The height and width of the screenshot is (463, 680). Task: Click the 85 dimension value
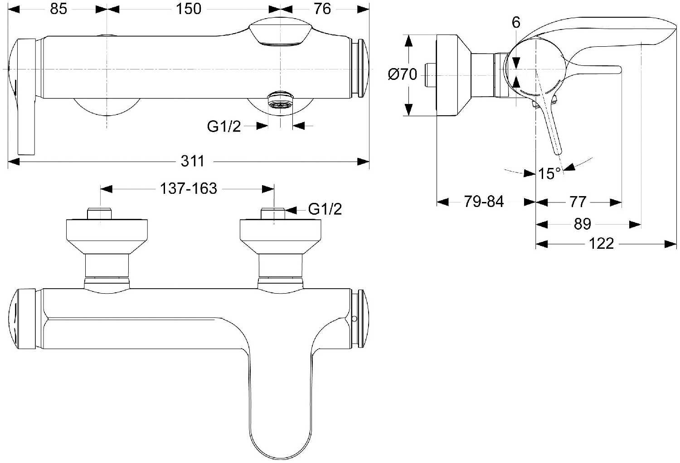tap(58, 9)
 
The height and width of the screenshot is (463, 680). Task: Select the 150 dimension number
tap(188, 9)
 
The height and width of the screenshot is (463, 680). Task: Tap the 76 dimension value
tap(322, 9)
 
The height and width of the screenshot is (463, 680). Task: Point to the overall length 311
tap(193, 161)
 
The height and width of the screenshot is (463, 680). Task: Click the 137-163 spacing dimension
tap(189, 188)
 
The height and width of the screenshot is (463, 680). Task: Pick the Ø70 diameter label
tap(403, 74)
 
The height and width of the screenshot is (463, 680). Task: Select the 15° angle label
tap(549, 173)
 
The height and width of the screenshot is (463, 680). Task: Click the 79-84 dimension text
tap(484, 202)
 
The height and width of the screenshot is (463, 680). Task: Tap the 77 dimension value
tap(578, 202)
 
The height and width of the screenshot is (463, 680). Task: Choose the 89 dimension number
tap(583, 224)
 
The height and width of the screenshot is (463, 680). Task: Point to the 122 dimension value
tap(601, 244)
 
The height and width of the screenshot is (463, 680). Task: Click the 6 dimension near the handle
tap(516, 22)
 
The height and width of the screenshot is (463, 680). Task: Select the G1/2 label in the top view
tap(224, 126)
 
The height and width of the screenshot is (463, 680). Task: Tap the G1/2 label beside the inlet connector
tap(325, 209)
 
